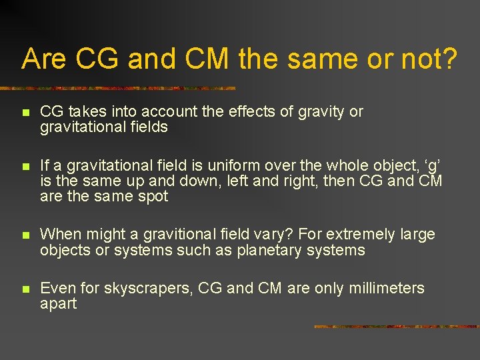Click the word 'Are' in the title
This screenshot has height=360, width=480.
[45, 59]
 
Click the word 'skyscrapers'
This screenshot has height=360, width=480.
[137, 289]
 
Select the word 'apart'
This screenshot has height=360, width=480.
[59, 304]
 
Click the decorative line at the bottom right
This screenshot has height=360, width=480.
[396, 327]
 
